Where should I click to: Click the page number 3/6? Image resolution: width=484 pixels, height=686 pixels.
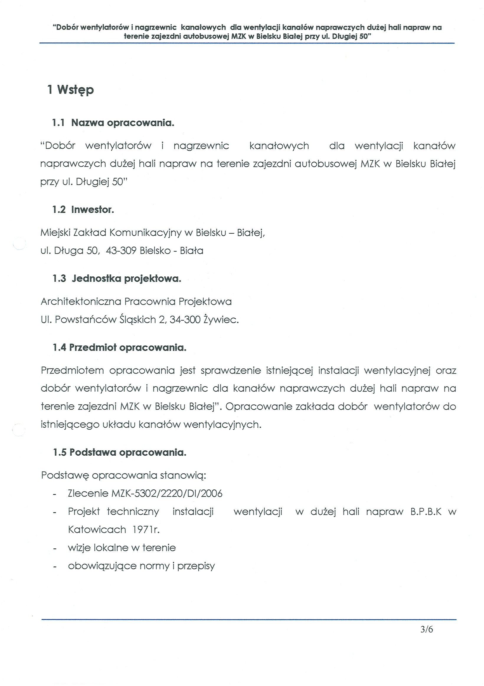coord(426,629)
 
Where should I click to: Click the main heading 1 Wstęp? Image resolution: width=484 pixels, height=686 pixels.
coord(71,90)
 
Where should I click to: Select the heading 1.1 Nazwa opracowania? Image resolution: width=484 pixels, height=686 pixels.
coord(113,123)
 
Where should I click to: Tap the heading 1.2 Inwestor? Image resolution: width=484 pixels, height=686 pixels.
coord(83,209)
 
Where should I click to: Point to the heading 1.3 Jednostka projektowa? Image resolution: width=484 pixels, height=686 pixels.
coord(117,278)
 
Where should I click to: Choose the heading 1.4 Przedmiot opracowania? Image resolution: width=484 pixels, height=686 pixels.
coord(120,348)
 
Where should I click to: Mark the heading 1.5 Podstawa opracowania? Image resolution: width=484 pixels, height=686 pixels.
coord(120,452)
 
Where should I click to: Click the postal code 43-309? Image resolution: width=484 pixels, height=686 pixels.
coord(121,250)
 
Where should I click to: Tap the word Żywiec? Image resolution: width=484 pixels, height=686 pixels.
coord(221,320)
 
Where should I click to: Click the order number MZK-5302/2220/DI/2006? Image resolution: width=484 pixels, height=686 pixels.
coord(167,493)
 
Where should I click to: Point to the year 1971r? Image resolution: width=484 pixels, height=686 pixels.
coord(146,529)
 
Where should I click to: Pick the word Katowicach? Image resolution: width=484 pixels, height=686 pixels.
coord(97,529)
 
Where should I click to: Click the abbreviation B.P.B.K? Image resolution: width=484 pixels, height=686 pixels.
coord(426,512)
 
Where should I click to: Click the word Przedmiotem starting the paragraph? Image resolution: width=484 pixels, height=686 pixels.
coord(72,371)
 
